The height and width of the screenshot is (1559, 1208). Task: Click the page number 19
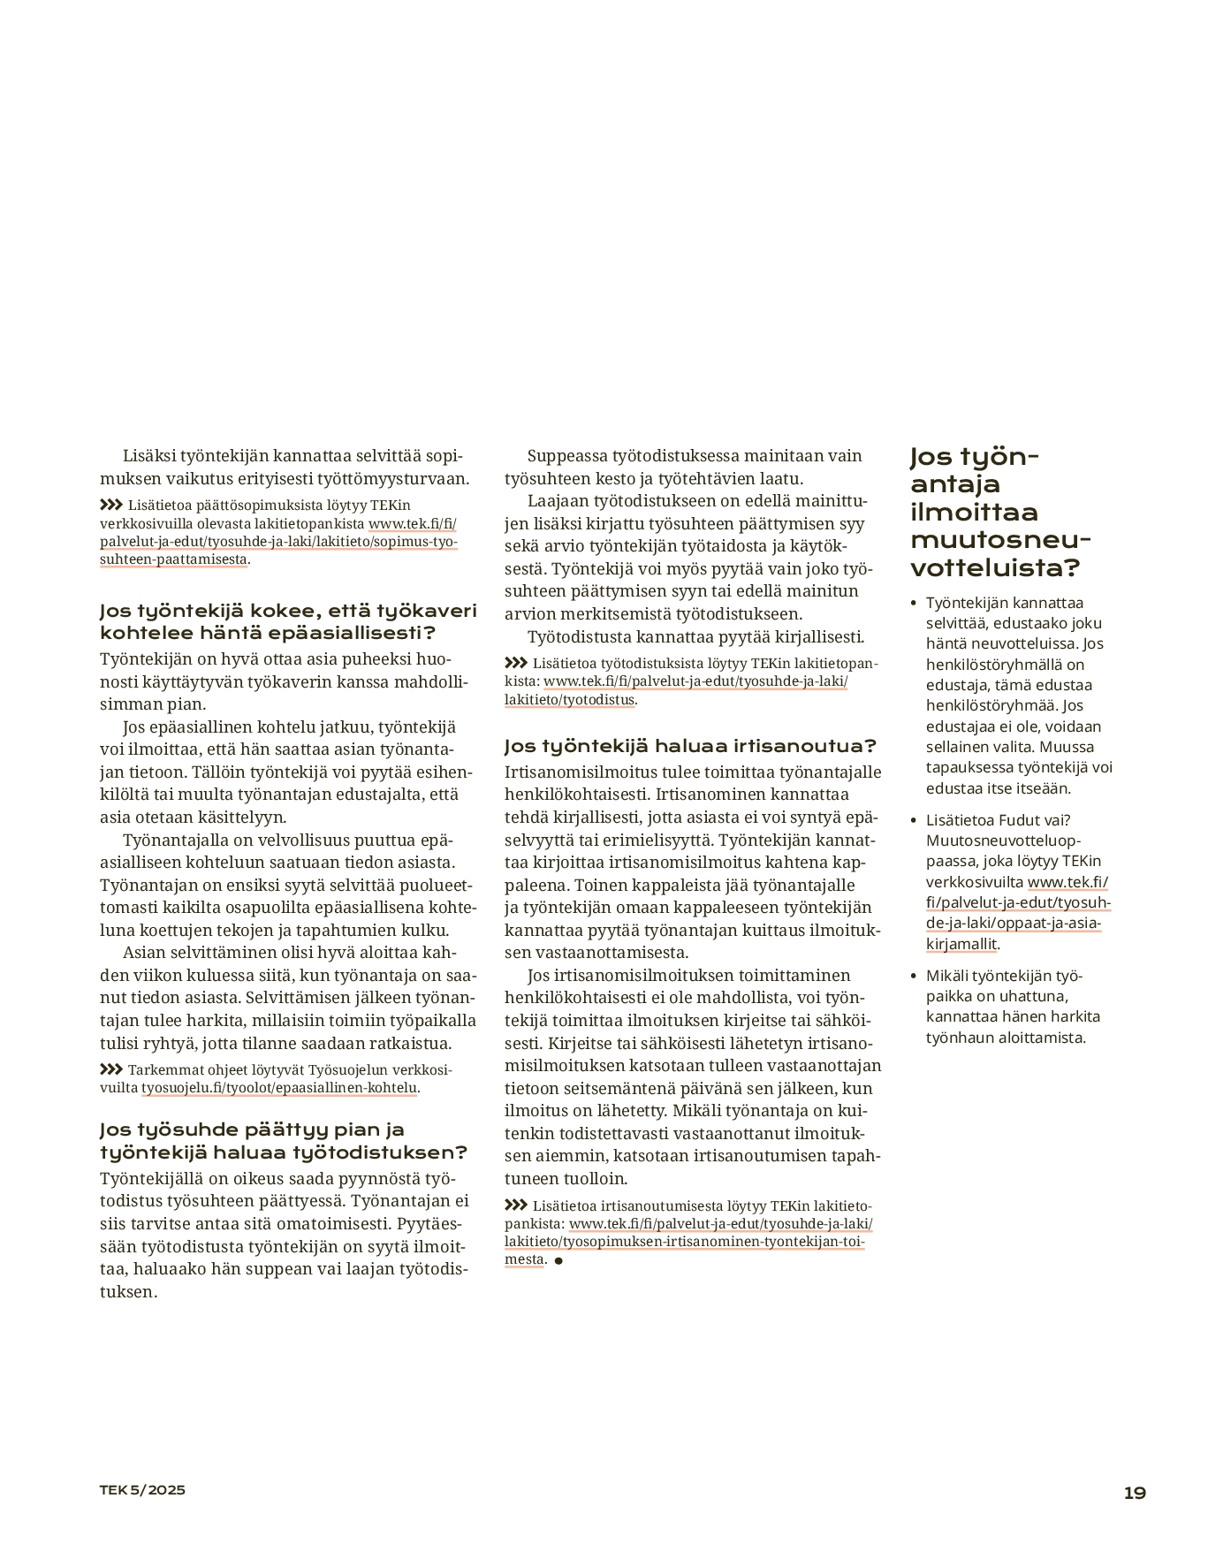tap(1135, 1493)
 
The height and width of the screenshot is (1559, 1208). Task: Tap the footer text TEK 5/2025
tap(142, 1489)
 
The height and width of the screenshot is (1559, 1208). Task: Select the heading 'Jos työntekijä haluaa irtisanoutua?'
tap(690, 746)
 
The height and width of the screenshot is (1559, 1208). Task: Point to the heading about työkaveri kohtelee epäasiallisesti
tap(287, 621)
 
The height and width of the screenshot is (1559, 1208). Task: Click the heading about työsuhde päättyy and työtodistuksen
tap(283, 1141)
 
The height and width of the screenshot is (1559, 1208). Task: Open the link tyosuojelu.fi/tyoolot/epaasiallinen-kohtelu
tap(279, 1087)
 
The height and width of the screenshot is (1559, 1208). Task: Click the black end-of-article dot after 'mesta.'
tap(558, 1260)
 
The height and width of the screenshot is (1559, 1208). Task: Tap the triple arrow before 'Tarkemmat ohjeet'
tap(111, 1069)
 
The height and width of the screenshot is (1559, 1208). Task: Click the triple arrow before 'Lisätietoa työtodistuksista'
tap(516, 663)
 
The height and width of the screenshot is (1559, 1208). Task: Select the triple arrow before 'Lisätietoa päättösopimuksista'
tap(111, 505)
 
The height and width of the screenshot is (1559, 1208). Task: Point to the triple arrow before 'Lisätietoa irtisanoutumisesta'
tap(516, 1205)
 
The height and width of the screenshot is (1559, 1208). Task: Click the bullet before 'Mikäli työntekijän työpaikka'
tap(914, 976)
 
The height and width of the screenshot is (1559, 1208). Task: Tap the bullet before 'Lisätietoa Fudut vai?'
tap(914, 820)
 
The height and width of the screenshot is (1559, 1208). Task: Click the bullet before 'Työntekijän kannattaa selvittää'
tap(914, 603)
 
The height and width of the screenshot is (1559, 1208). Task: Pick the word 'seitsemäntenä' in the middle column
tap(611, 1088)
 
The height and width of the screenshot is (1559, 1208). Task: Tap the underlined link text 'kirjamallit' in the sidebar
tap(961, 944)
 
